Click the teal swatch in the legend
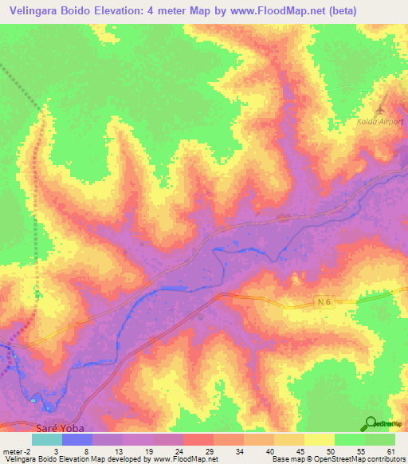pos(47,439)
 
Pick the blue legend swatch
pos(77,439)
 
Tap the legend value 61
pos(390,450)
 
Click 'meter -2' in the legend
pos(16,450)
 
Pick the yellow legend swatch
pos(320,439)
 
